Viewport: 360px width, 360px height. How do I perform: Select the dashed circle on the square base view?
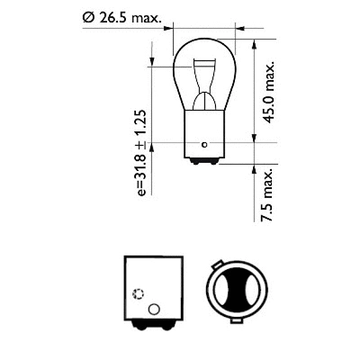(x=138, y=293)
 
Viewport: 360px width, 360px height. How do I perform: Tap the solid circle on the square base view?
(x=152, y=310)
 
